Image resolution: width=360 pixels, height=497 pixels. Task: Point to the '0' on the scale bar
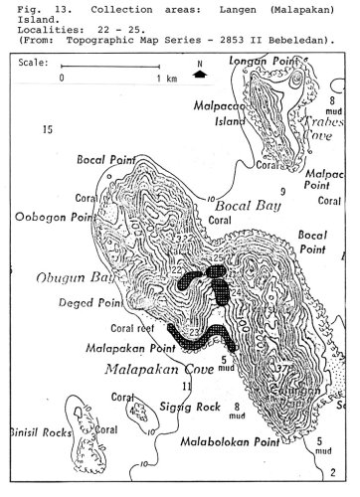[63, 78]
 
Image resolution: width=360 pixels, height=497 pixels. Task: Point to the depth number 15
[46, 130]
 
